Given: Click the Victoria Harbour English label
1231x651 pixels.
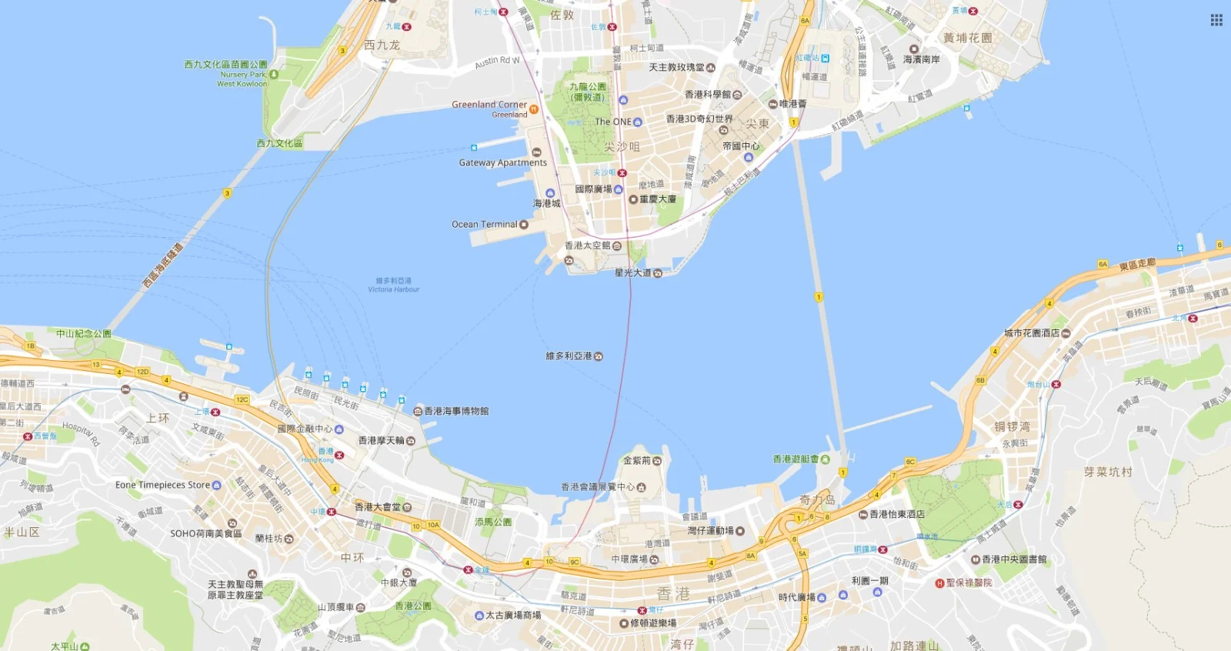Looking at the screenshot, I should (394, 289).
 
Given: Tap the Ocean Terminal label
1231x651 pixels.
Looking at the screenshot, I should (485, 225).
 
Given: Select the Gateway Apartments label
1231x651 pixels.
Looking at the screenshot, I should (502, 162).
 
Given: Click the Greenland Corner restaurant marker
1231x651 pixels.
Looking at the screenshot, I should (534, 109).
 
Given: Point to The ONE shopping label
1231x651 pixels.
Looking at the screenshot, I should (613, 122).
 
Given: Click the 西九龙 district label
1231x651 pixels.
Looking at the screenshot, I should (382, 45).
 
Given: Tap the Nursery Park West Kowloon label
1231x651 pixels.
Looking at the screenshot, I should (242, 79).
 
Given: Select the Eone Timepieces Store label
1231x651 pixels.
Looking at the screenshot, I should (162, 485).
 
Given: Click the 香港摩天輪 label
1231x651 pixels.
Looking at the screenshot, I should (382, 441).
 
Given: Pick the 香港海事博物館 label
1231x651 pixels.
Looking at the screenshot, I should (456, 411).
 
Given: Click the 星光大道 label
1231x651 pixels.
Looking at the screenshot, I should (632, 272).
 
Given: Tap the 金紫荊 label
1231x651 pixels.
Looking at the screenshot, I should (637, 460).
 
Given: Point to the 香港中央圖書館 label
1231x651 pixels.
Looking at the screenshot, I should (1014, 559).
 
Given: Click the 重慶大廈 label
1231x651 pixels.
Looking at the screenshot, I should (658, 199).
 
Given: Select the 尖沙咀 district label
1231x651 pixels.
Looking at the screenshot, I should (622, 146).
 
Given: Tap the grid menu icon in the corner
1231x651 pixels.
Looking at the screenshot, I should (1216, 20).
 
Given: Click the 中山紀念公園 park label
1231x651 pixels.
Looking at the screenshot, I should (83, 333).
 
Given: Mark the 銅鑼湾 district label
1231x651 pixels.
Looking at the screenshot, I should (1012, 426).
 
